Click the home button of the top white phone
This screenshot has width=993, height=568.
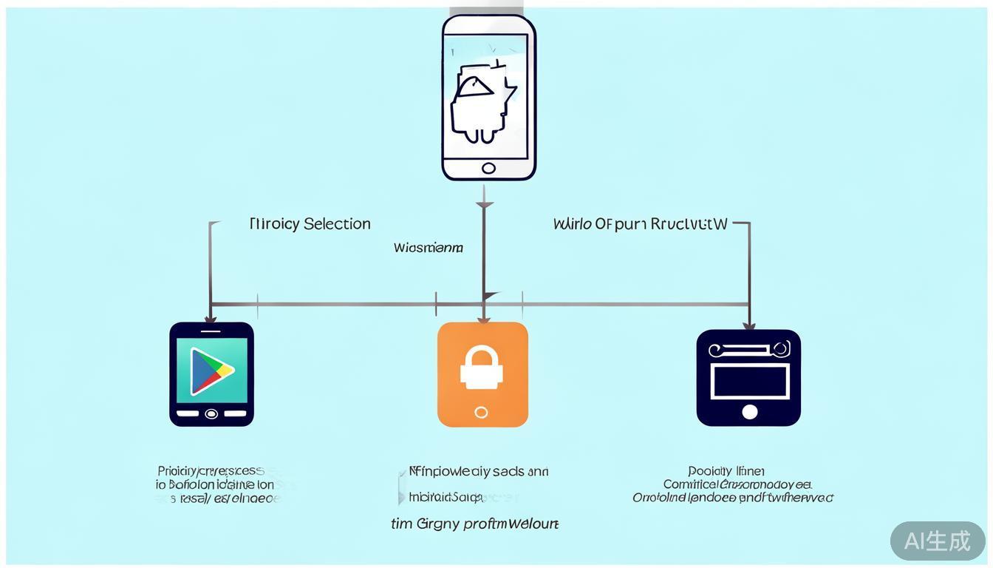click(x=488, y=168)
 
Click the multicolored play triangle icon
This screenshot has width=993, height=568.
click(x=211, y=371)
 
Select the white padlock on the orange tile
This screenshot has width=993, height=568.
click(x=482, y=365)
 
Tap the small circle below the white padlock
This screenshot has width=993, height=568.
click(x=482, y=412)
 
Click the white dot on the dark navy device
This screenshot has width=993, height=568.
click(x=749, y=411)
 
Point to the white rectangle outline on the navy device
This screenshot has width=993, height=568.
click(x=749, y=380)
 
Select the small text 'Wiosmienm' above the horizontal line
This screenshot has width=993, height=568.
click(x=429, y=248)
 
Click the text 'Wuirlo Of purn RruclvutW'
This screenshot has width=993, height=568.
click(x=640, y=223)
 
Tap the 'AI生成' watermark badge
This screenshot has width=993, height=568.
click(x=937, y=541)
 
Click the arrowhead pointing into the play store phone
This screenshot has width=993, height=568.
click(x=211, y=318)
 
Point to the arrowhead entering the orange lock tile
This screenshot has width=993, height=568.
click(x=483, y=319)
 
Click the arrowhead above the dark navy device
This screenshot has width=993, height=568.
click(x=748, y=325)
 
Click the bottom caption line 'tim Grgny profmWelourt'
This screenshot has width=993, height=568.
click(x=474, y=524)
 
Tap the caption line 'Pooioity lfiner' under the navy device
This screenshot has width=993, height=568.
click(x=726, y=471)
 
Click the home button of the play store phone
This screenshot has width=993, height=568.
click(x=211, y=413)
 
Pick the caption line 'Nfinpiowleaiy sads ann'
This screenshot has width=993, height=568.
click(x=479, y=471)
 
